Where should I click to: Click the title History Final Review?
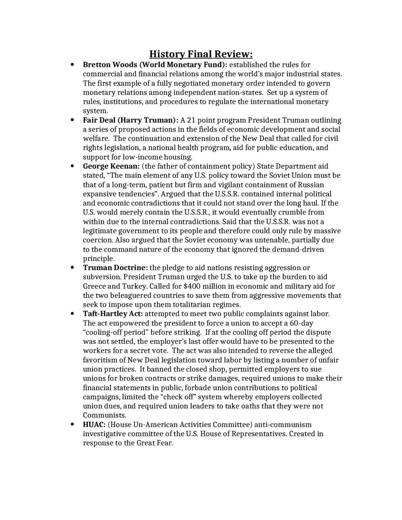[201, 54]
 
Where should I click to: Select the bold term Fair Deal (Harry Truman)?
[131, 120]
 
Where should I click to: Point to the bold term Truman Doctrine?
[115, 268]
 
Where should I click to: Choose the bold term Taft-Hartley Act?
[113, 314]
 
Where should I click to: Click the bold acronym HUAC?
[94, 425]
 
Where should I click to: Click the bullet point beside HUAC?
[73, 425]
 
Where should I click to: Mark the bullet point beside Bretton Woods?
[73, 65]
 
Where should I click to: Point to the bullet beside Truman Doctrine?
[73, 268]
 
